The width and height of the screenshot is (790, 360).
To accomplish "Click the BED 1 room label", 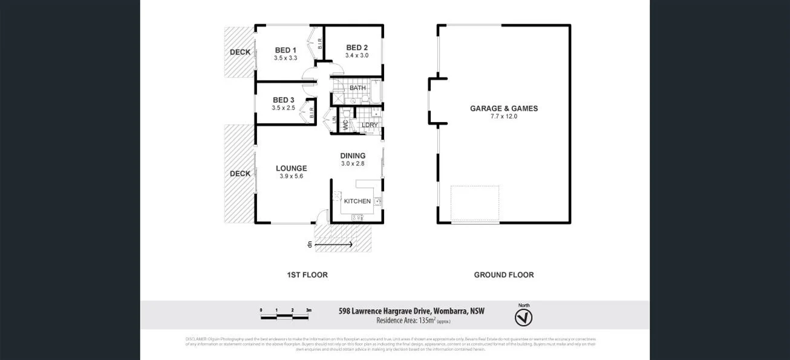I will [286, 50].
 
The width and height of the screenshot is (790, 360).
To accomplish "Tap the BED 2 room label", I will [357, 47].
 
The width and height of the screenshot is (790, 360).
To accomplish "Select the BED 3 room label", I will [283, 100].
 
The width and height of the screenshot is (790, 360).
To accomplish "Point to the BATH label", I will [357, 88].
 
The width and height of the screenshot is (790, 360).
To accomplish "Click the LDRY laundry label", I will [370, 125].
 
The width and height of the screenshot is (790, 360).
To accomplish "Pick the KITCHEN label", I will [357, 201].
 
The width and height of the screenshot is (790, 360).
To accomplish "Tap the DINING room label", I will [353, 155].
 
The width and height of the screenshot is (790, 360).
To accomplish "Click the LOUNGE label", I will [292, 168].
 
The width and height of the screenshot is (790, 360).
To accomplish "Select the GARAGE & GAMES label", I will [504, 109].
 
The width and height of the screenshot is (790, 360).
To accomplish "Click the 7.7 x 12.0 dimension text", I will [504, 117].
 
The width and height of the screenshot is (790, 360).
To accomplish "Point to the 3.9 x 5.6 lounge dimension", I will [292, 177].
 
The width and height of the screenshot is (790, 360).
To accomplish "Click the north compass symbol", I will [523, 318].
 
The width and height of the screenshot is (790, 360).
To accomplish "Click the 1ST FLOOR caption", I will [307, 275].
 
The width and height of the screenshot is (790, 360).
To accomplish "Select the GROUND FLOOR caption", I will [504, 275].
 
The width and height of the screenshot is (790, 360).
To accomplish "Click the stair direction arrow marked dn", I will [333, 244].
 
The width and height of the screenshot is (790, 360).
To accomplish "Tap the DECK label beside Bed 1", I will [240, 52].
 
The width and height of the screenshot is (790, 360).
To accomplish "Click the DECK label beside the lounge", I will [240, 174].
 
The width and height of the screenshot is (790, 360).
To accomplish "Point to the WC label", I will [345, 125].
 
